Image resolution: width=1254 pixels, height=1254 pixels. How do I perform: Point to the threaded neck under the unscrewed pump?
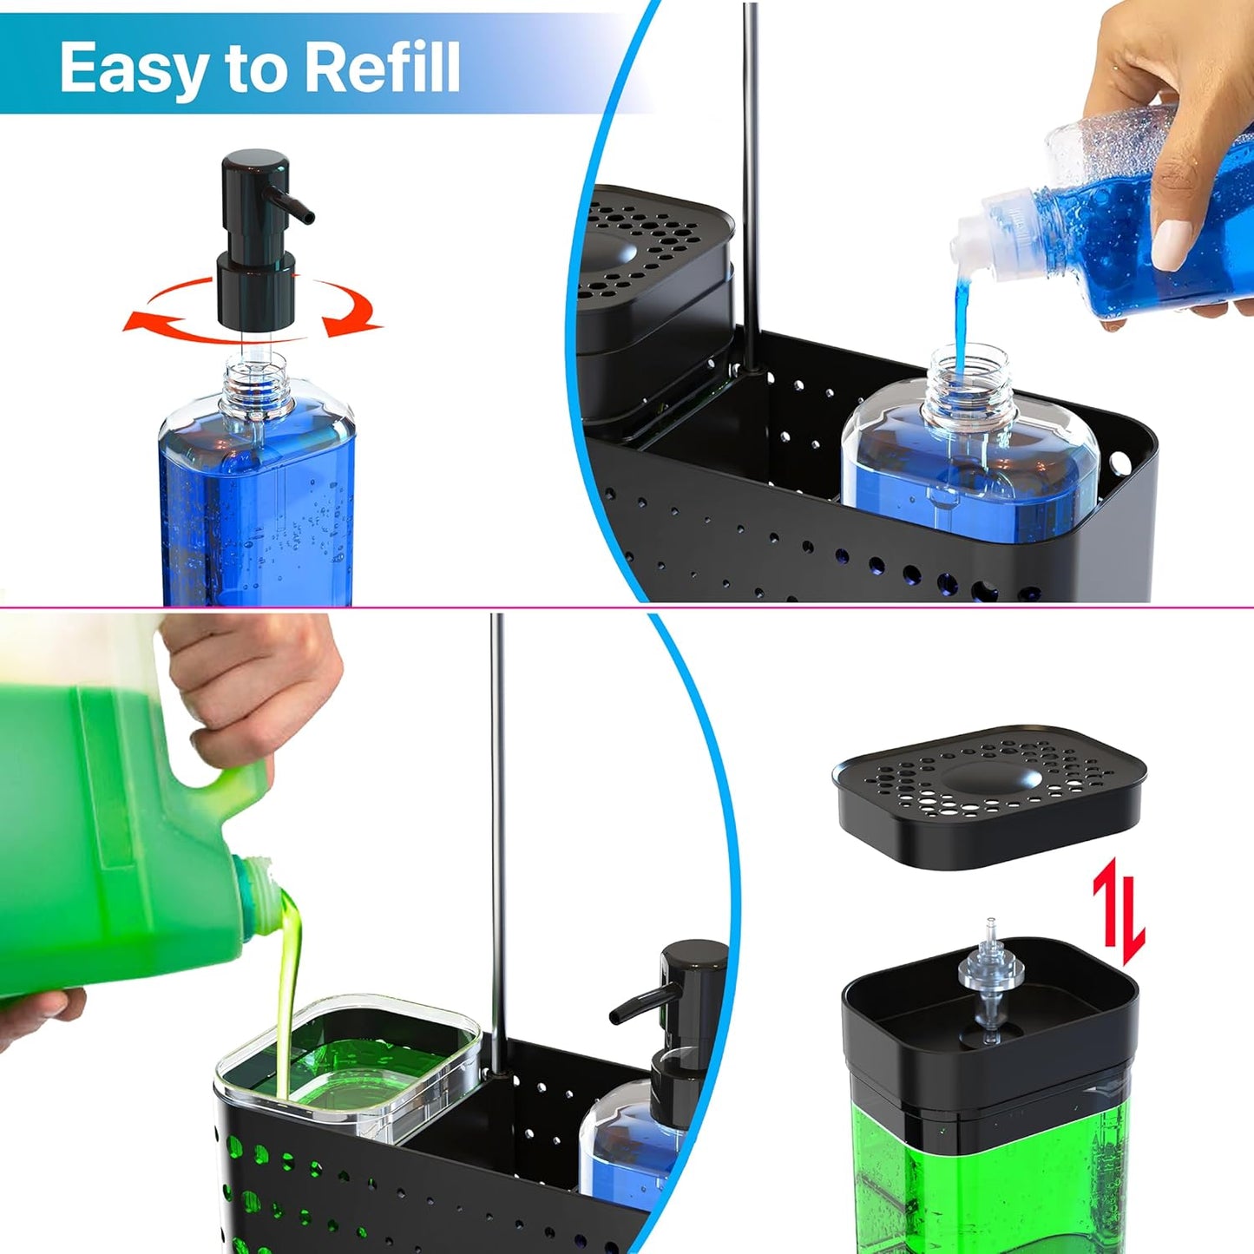[257, 382]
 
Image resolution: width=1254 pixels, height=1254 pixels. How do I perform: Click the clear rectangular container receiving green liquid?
[347, 1067]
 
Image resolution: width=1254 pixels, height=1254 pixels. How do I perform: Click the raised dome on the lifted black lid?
[989, 777]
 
